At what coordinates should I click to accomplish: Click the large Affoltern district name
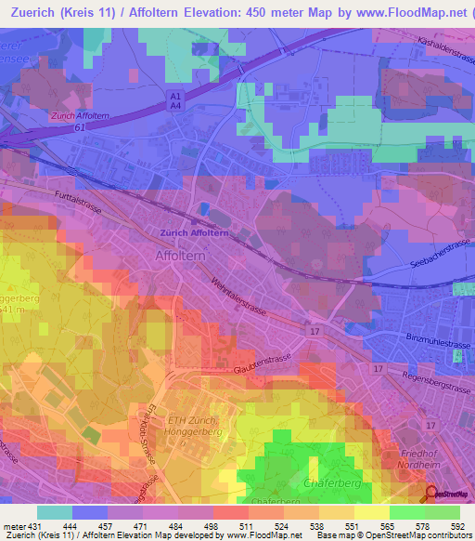point(182,255)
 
